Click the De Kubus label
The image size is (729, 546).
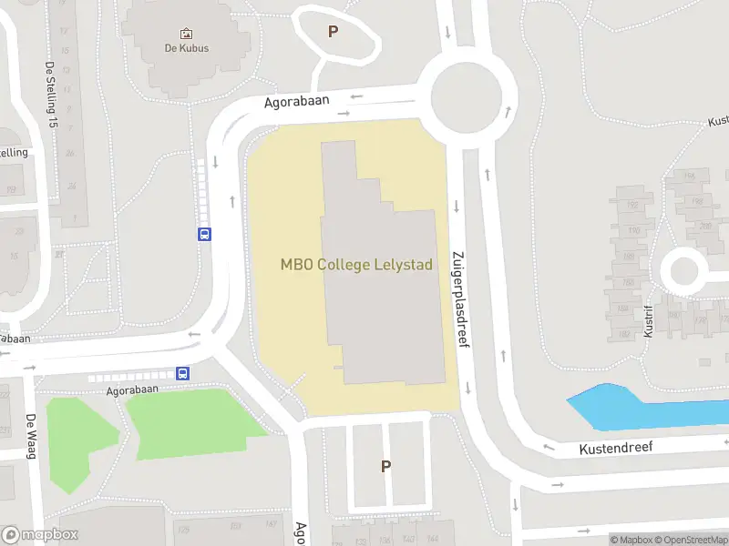pos(187,47)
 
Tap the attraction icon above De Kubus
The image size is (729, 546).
pos(187,33)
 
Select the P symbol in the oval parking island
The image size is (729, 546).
pos(333,32)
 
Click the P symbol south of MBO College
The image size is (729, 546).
pos(385,466)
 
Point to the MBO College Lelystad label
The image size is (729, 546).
pos(355,265)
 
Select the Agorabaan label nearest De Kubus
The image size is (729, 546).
pos(296,102)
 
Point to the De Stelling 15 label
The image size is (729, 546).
pos(52,96)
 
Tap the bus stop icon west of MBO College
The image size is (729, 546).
pos(204,234)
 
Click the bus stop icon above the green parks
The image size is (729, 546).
pos(183,373)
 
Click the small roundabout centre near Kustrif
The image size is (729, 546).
pos(683,271)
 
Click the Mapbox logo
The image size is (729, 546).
pos(40,535)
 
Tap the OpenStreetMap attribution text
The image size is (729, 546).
pos(692,540)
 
